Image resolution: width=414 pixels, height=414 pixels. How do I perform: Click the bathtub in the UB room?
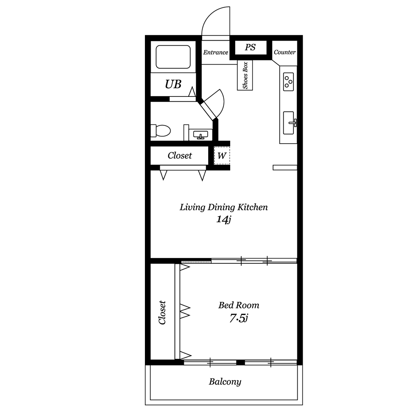coord(173,57)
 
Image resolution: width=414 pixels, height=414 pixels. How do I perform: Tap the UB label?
coord(173,84)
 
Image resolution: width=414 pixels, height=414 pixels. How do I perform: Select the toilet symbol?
coord(161,131)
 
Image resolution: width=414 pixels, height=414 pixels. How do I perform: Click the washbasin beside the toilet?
coord(201,135)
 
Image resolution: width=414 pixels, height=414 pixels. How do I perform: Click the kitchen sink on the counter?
coord(289,123)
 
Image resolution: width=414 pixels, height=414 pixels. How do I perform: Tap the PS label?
coord(250,47)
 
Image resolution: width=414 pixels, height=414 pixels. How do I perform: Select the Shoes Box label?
coord(245,75)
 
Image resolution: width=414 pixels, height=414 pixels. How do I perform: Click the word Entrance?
coord(215,52)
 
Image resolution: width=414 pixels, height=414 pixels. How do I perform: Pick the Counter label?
coord(285,52)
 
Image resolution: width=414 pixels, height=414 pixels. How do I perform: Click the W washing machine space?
coord(222,156)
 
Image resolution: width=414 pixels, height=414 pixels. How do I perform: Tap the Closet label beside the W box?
coord(180,156)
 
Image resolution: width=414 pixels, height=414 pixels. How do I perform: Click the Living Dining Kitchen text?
coord(224,207)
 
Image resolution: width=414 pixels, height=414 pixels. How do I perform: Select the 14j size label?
coord(224,219)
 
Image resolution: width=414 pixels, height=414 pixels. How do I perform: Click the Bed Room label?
coord(239,305)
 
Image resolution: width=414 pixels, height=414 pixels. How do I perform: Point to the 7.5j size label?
coord(238,318)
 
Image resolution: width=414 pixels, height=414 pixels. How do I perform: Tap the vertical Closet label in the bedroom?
coord(162,312)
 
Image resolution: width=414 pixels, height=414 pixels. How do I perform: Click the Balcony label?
coord(225,382)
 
